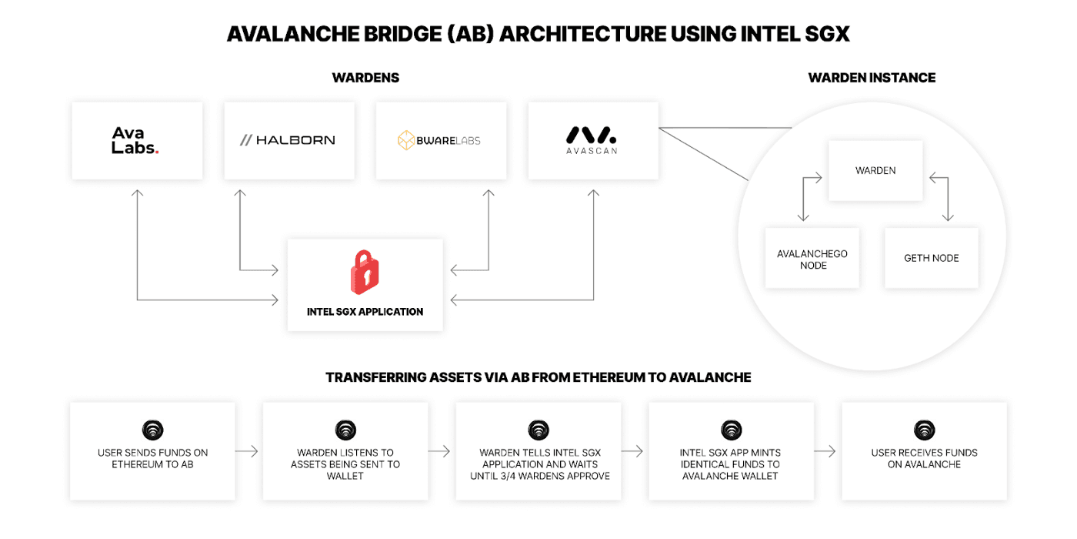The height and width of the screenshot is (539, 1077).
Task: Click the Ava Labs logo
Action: point(135,140)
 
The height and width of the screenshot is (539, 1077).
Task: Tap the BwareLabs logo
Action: point(439,140)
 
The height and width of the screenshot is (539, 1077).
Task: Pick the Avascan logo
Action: point(592,139)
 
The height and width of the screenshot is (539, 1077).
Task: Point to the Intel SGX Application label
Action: point(365,312)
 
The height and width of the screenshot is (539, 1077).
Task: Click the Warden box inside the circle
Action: point(875,170)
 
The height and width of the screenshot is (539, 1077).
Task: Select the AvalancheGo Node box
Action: point(812,259)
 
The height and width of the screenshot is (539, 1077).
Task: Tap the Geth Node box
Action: point(931,258)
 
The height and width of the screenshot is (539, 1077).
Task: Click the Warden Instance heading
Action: point(872,78)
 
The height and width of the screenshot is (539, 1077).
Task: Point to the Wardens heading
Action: point(365,78)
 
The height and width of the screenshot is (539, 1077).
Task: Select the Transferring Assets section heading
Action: point(538,377)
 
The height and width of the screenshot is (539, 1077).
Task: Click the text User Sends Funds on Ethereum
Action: point(152,458)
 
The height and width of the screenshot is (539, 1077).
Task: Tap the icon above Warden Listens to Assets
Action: point(345,430)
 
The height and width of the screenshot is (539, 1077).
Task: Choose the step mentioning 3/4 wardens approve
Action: point(539,464)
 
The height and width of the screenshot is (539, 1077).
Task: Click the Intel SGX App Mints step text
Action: point(731,464)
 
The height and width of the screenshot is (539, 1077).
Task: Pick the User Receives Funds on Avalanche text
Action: point(924,458)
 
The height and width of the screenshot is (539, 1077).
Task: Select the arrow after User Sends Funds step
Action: point(247,451)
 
